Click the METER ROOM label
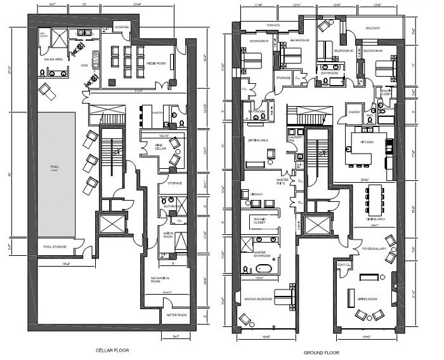[177, 314]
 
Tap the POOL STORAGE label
[55, 246]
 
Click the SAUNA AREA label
[52, 58]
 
